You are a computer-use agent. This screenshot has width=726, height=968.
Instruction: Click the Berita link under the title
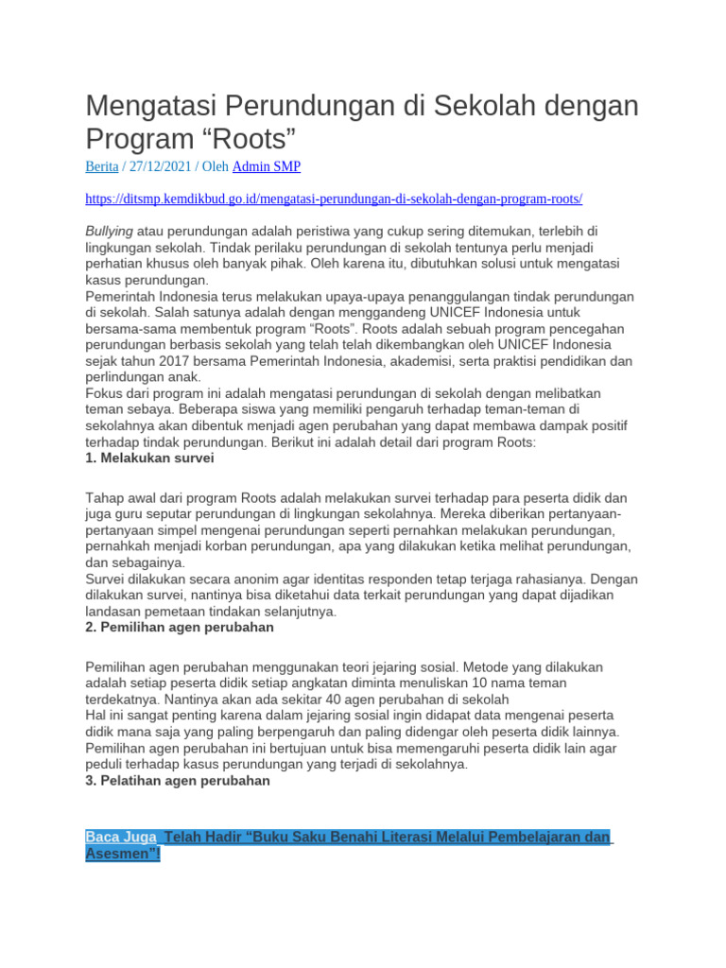coord(102,166)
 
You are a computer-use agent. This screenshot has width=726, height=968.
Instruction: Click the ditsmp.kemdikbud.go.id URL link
coord(334,199)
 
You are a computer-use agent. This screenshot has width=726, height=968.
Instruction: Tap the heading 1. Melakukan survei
coord(149,458)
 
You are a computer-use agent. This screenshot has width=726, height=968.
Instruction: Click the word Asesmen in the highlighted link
coord(119,855)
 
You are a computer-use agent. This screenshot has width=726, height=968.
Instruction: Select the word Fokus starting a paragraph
coord(103,393)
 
